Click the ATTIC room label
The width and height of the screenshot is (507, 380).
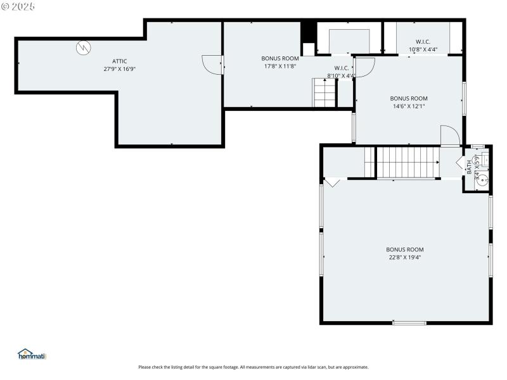(x=120, y=61)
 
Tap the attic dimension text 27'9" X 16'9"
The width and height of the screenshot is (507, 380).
(x=120, y=68)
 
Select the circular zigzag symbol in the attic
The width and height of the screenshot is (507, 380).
(x=83, y=47)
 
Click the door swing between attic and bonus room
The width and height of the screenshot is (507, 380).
(x=211, y=64)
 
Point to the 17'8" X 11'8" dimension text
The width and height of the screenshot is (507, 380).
(x=279, y=66)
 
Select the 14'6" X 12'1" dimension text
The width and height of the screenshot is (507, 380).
(x=408, y=106)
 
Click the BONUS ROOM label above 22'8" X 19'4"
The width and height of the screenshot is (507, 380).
(x=405, y=250)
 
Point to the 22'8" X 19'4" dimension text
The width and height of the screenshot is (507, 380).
(x=405, y=257)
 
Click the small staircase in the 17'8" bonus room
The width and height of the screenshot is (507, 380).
(x=324, y=93)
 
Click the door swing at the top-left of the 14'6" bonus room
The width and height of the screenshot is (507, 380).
(x=366, y=66)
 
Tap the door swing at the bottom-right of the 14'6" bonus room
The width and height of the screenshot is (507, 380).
(x=449, y=136)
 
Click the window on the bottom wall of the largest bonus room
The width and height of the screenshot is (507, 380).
(x=409, y=323)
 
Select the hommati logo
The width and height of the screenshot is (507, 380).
(x=32, y=355)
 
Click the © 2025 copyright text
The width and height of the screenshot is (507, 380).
(x=18, y=6)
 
